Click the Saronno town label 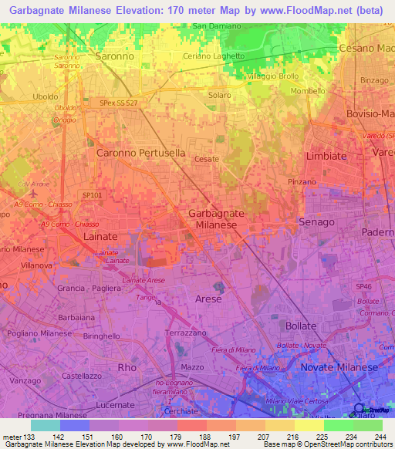pos(114,56)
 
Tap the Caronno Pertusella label pos(140,153)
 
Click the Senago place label pos(316,221)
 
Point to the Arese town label pos(208,299)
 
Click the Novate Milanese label pos(340,367)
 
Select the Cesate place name pos(207,159)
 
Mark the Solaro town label pos(218,94)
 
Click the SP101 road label pos(91,195)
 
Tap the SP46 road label pos(363,286)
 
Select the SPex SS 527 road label pos(118,103)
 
